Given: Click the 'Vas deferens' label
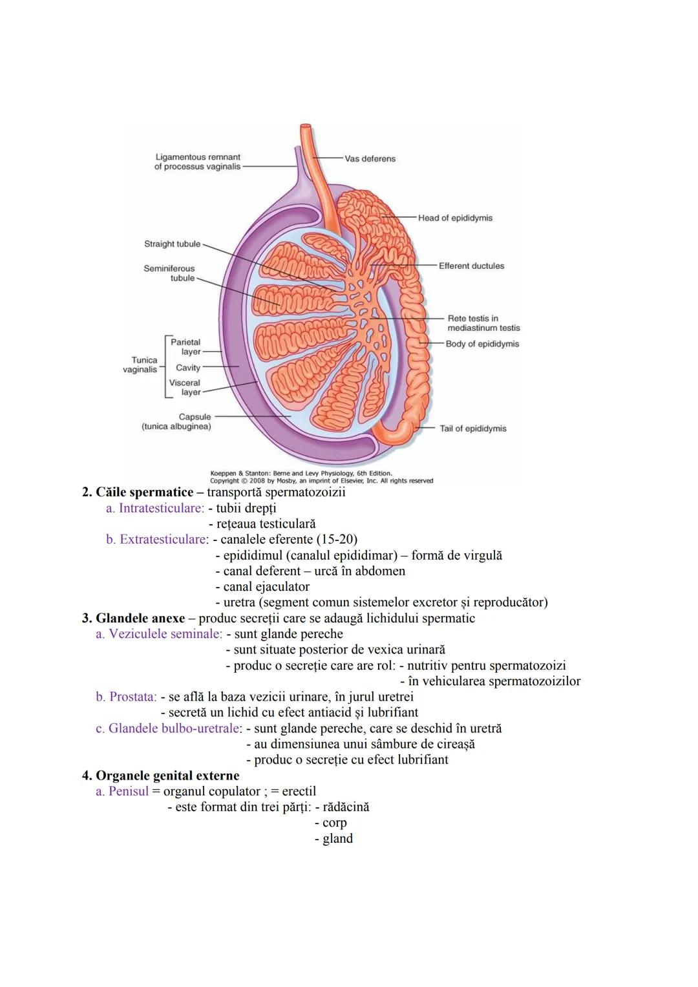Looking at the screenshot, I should click(370, 159).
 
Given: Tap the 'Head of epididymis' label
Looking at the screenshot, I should click(455, 218).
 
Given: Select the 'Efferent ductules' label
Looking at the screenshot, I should click(471, 266).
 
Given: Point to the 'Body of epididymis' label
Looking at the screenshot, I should click(482, 344).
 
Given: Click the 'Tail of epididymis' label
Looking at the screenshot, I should click(473, 429).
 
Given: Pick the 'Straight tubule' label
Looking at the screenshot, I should click(172, 244).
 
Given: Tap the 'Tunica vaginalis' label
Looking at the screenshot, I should click(141, 365).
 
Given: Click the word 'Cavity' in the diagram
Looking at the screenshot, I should click(188, 368).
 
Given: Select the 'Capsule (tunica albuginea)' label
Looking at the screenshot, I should click(177, 422).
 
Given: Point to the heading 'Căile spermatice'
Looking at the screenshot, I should click(144, 493).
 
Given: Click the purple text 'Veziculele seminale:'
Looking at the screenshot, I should click(159, 634).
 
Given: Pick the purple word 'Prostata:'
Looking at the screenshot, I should click(126, 697).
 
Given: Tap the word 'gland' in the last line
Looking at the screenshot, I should click(337, 839).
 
